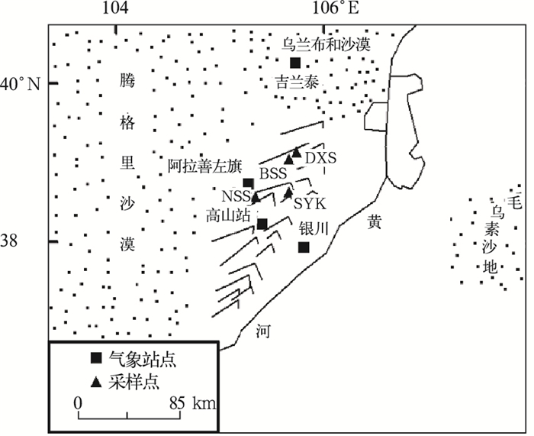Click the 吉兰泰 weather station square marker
[x=295, y=63]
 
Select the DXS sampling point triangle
[x=297, y=153]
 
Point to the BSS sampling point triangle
[x=289, y=160]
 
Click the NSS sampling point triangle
[x=256, y=197]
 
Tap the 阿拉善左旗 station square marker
[x=248, y=182]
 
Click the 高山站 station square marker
[x=262, y=224]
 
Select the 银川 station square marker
[x=304, y=247]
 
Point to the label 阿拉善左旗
[x=199, y=164]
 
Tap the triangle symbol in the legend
[x=95, y=378]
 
